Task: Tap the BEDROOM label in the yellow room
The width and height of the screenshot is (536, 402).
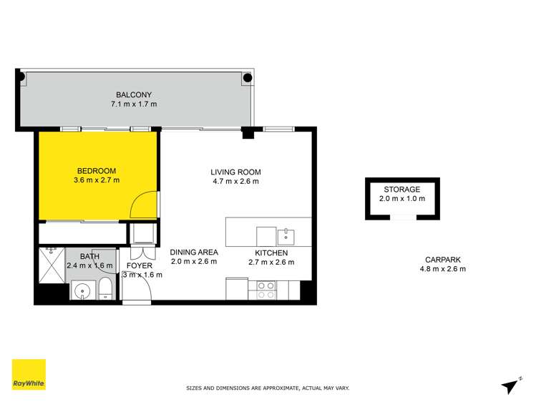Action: (96, 170)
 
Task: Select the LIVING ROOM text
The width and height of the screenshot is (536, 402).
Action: (235, 172)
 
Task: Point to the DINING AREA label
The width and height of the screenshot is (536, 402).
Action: (193, 253)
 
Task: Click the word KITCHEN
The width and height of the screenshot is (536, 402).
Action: (271, 253)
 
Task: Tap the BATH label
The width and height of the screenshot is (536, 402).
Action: (89, 256)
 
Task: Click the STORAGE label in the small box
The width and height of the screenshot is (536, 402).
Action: (401, 190)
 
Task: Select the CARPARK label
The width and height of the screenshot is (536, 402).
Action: (442, 260)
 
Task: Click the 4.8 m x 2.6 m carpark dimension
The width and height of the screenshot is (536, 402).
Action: (442, 270)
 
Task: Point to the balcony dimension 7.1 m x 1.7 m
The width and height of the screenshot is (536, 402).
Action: (134, 104)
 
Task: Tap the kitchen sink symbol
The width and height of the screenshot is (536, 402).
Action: (286, 235)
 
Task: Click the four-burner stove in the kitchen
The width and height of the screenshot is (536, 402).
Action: (265, 290)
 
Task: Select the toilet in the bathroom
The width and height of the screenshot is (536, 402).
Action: (104, 290)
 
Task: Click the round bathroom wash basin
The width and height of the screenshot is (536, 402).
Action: (81, 290)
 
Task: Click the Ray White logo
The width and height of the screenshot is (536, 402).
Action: (29, 375)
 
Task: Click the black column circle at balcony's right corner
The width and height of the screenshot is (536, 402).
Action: (248, 77)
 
